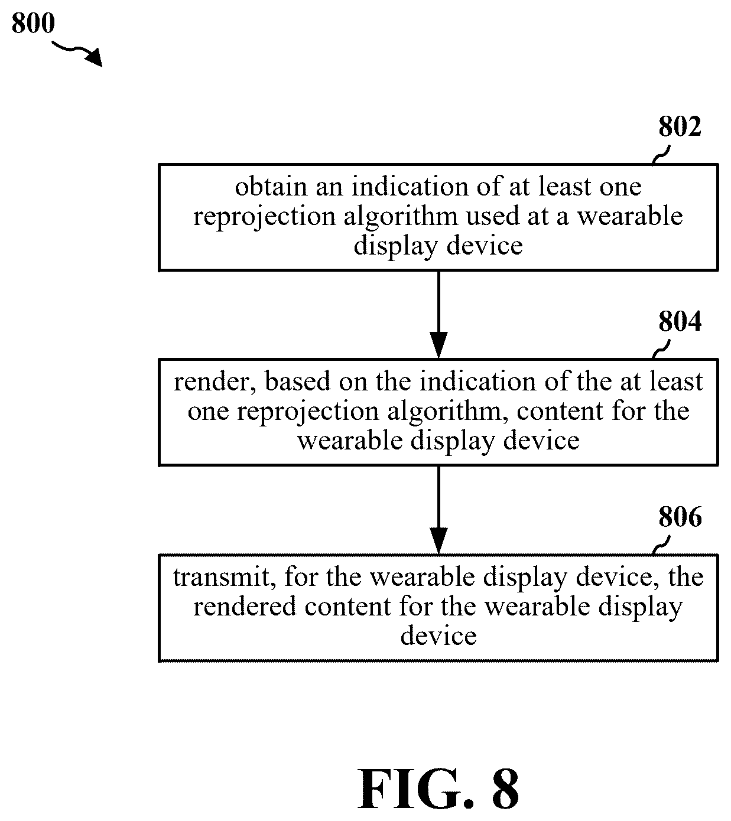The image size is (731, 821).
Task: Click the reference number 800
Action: click(x=33, y=23)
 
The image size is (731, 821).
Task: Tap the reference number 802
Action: click(x=680, y=126)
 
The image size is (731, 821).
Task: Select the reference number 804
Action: click(x=680, y=321)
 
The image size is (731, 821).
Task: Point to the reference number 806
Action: click(x=680, y=517)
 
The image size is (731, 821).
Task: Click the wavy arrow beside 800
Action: click(x=77, y=52)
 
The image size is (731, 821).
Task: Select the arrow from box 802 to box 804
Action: click(x=438, y=314)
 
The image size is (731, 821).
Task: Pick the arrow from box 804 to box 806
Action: click(x=438, y=510)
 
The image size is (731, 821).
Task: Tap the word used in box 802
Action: click(x=493, y=216)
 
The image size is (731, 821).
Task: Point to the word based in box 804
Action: click(x=298, y=382)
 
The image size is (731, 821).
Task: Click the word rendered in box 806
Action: click(x=245, y=606)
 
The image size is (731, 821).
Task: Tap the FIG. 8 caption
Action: click(x=438, y=789)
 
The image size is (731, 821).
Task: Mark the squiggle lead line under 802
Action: click(x=661, y=155)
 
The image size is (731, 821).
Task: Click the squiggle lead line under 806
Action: click(x=661, y=545)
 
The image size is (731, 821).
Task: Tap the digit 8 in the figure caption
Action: click(x=505, y=789)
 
